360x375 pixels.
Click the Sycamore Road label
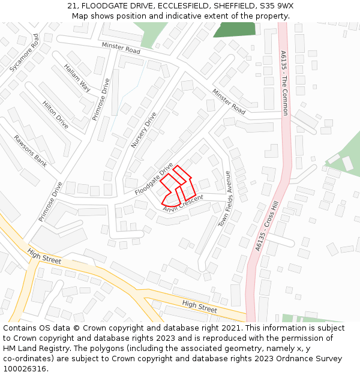point(25,53)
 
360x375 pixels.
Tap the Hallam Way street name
point(77,78)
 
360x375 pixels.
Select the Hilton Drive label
point(56,115)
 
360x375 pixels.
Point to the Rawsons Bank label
point(31,151)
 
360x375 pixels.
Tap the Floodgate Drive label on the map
point(154,179)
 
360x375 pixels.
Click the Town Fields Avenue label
point(224,199)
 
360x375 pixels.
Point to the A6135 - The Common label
point(284,83)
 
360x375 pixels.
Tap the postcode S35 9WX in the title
point(276,6)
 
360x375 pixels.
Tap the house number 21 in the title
point(71,6)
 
